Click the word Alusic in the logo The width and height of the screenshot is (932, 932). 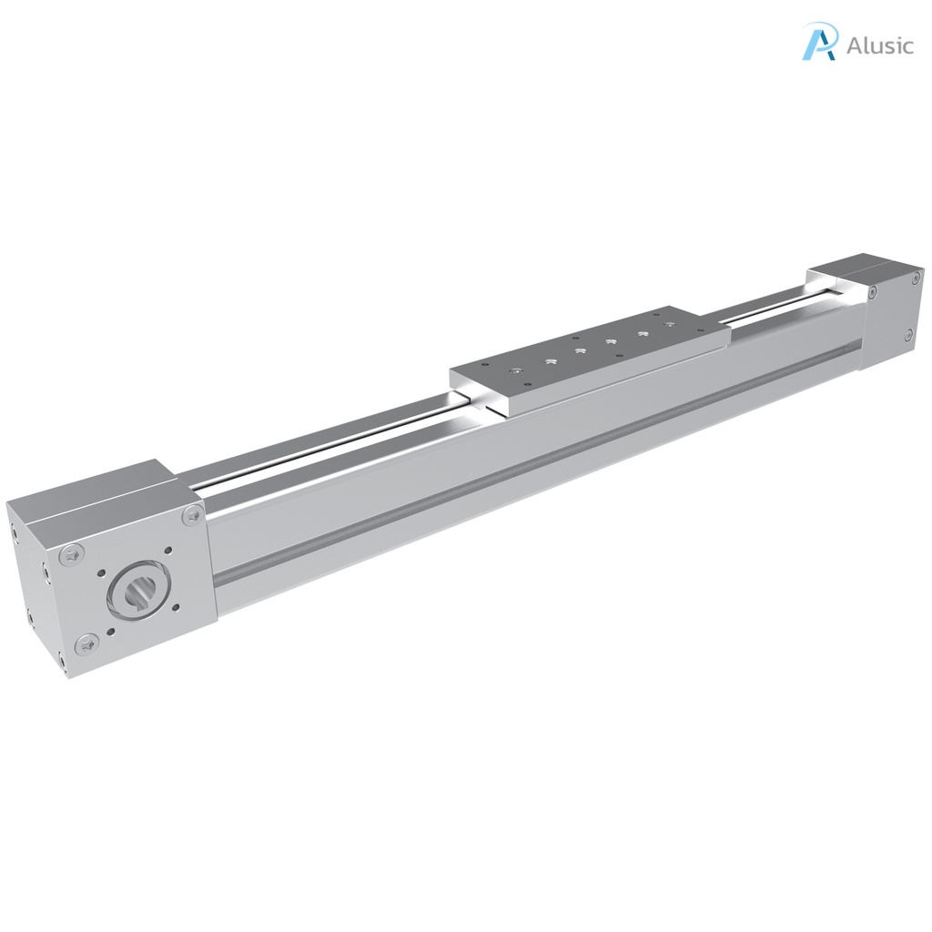pos(879,46)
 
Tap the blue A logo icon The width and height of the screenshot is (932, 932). pos(819,42)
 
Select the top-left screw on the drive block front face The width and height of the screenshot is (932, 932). pos(74,552)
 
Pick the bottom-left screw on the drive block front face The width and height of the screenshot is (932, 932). pos(86,644)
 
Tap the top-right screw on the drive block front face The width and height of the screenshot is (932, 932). pos(192,516)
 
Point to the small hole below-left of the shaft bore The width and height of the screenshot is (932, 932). pos(109,634)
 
